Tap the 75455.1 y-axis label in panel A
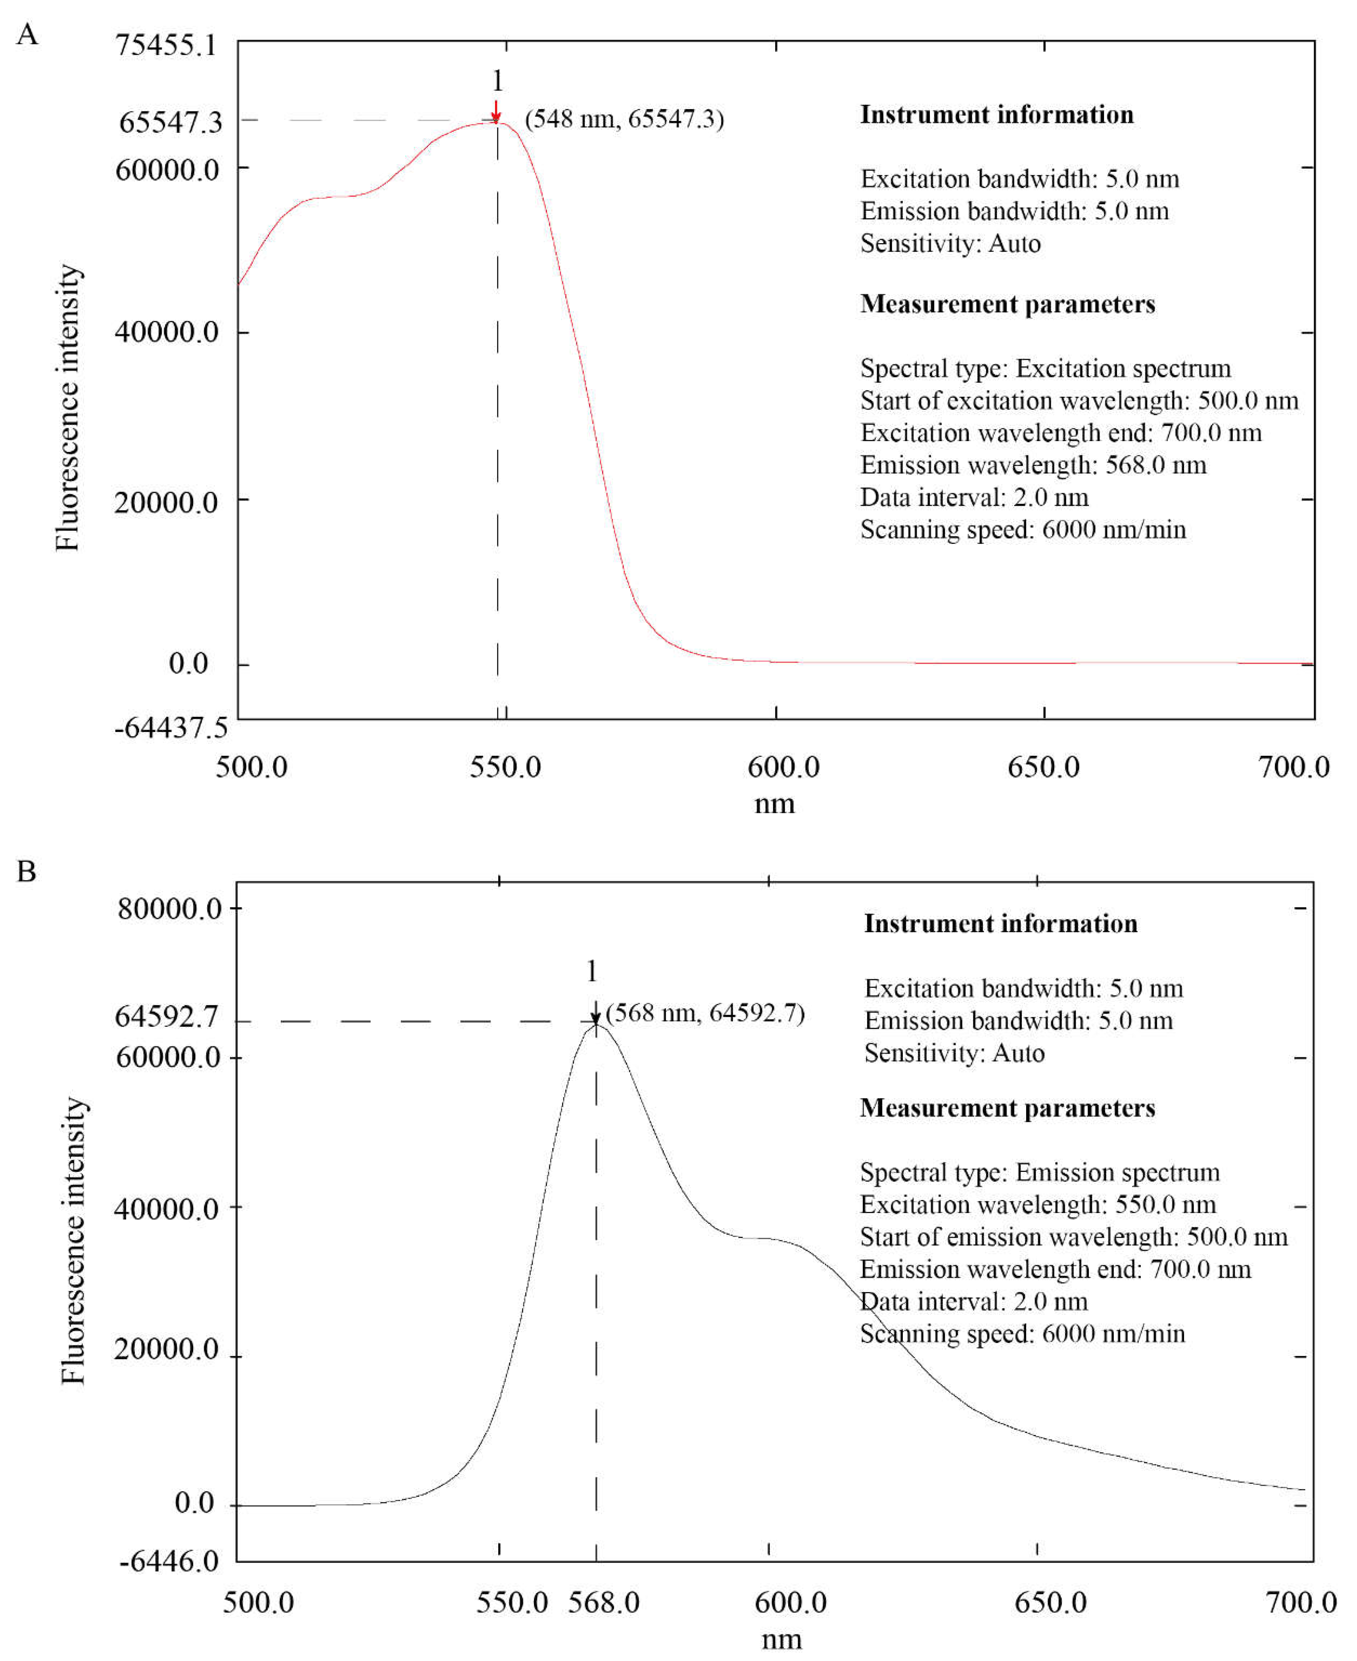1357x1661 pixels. click(x=166, y=45)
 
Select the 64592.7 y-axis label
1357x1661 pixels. click(x=167, y=1017)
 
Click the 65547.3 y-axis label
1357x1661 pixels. click(x=171, y=122)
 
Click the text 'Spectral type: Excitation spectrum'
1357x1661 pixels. click(x=1045, y=368)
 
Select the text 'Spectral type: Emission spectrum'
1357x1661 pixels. click(x=1040, y=1173)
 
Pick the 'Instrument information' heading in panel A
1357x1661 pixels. click(x=997, y=115)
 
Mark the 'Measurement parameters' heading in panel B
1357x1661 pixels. click(x=1008, y=1108)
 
